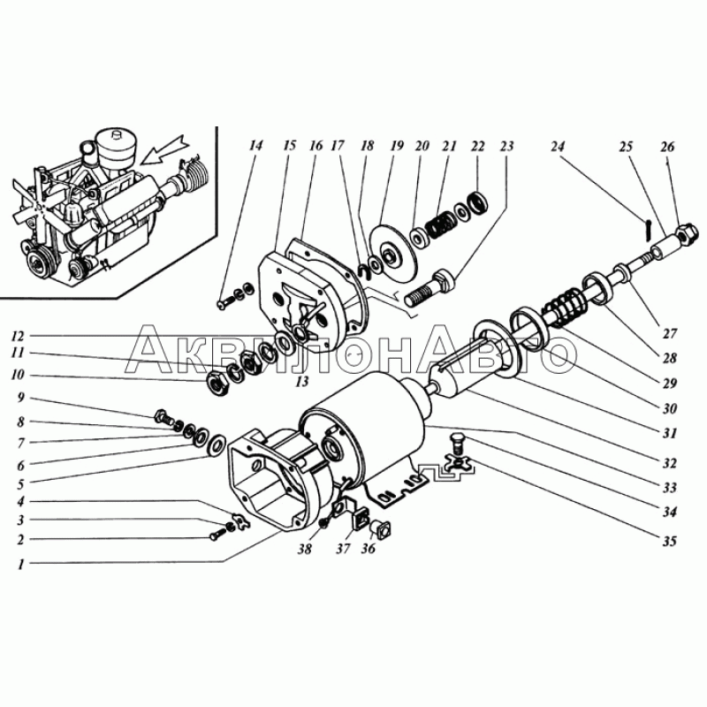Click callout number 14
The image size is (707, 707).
(x=255, y=146)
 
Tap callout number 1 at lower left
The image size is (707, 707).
(x=20, y=565)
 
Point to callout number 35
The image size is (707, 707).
(x=670, y=541)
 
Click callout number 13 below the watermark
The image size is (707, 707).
(x=301, y=382)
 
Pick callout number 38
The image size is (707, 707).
(x=305, y=550)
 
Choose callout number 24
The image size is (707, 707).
(x=558, y=147)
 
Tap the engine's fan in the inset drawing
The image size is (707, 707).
(x=37, y=203)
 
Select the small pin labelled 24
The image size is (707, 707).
(x=646, y=230)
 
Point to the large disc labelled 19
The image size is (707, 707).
(x=393, y=253)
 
